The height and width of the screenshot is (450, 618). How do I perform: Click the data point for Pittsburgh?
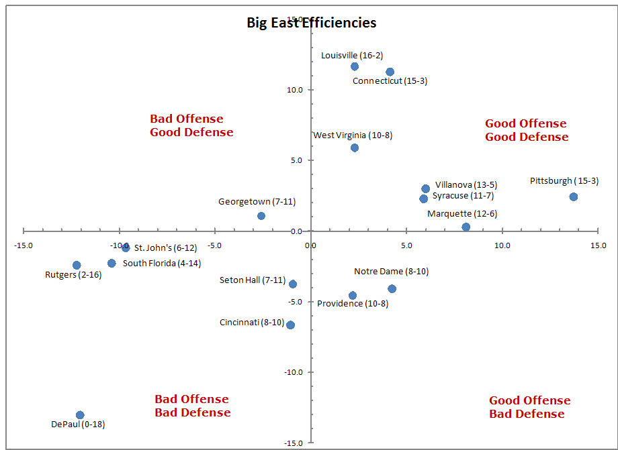point(573,196)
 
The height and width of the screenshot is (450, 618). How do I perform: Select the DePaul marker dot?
point(80,415)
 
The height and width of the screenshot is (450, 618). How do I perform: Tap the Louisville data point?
point(355,66)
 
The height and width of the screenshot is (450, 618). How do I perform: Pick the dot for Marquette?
point(466,227)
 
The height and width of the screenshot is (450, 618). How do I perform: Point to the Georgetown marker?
point(261,216)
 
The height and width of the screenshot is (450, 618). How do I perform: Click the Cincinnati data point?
point(290,325)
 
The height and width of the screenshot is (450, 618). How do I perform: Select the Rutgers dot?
point(77,266)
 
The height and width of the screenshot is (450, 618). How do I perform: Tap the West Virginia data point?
point(355,148)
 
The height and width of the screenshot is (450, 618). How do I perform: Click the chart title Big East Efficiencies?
point(311,23)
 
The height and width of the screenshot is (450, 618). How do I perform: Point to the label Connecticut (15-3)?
point(390,81)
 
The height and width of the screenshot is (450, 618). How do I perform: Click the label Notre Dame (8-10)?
point(391,272)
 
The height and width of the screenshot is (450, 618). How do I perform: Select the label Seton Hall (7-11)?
point(252,280)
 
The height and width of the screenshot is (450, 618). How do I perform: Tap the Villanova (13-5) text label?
point(466,185)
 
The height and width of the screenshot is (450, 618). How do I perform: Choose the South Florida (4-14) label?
point(161,264)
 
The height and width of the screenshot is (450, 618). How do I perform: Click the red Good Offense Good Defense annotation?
point(526,130)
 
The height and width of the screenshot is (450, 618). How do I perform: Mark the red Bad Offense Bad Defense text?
point(192,406)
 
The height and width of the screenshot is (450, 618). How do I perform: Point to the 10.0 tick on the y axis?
point(296,90)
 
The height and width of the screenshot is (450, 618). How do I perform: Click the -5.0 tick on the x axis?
point(214,245)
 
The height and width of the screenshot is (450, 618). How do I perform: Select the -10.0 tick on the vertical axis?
point(295,372)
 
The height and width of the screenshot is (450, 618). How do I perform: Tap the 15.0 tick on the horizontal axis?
point(597,245)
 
